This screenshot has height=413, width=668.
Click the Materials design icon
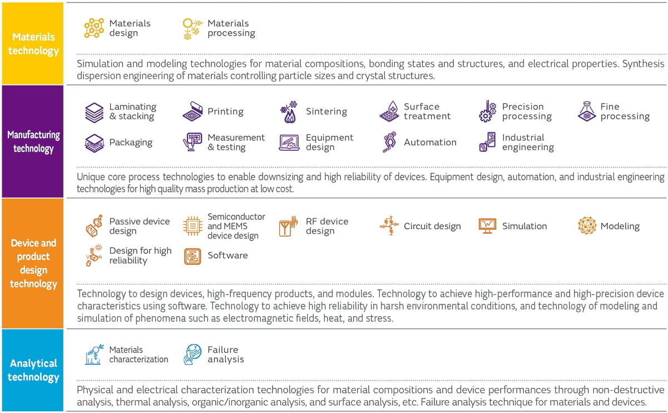point(94,28)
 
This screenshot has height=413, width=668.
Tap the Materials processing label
point(231,28)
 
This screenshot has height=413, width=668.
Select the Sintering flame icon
point(288,112)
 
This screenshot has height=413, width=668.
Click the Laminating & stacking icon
point(94,112)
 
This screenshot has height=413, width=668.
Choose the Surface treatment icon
point(389,112)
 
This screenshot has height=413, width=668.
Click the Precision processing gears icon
point(487,112)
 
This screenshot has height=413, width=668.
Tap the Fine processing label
point(625,111)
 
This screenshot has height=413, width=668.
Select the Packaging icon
point(94,143)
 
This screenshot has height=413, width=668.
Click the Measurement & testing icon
point(192,143)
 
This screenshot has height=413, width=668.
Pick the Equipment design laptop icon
point(289,143)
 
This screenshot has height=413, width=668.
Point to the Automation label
point(430,142)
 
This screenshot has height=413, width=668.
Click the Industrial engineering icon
point(487,143)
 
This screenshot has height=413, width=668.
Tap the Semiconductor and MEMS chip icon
point(192,226)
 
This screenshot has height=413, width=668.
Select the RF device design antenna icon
point(289,226)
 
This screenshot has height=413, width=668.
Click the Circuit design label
point(432,226)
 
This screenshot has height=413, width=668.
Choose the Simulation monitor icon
point(487,225)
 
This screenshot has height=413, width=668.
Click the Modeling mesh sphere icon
point(587,225)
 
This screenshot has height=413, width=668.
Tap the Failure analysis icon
point(192,355)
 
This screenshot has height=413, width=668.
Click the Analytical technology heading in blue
point(33,370)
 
